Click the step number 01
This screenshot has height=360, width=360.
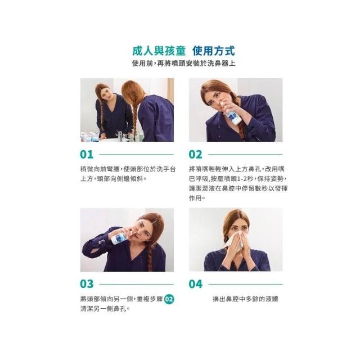87,155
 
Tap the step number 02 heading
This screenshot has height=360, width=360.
195,155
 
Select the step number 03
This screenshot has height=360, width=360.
87,284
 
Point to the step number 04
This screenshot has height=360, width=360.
196,284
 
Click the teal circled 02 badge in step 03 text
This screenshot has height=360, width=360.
169,299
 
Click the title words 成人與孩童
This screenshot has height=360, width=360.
159,51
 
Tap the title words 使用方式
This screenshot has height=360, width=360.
214,51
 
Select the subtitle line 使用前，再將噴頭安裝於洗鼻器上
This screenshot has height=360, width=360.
184,64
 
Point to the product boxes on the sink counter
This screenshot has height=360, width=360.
89,137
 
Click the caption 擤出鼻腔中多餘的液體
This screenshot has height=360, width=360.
245,299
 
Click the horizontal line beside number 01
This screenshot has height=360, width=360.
136,155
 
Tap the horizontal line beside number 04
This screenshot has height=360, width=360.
245,284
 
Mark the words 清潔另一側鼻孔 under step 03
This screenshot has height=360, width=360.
103,309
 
